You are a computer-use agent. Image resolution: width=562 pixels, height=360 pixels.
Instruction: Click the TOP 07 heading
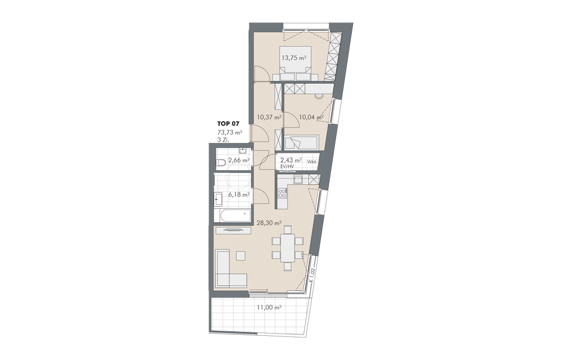[228, 124]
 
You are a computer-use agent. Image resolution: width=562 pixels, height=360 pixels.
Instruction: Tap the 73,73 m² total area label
[230, 133]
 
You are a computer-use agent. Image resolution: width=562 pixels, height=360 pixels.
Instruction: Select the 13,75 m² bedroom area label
[294, 57]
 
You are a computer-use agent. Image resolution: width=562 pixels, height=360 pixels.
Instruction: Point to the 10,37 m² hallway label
[269, 117]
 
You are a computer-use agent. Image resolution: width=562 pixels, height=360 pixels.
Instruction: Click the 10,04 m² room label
[311, 117]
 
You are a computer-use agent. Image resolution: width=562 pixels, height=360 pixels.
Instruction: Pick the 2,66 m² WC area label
[239, 160]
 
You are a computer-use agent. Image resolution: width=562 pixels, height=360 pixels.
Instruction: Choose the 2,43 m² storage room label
[291, 160]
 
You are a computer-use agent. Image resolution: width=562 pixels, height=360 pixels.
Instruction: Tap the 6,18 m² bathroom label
[239, 195]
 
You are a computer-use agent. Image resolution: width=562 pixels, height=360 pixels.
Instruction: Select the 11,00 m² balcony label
[269, 307]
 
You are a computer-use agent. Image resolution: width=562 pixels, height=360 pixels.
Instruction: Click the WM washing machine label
[311, 162]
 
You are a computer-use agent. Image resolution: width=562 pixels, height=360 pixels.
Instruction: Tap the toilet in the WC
[221, 163]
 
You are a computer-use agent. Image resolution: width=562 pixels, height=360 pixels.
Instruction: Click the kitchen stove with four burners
[283, 193]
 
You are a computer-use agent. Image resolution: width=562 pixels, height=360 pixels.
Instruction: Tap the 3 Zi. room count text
[223, 140]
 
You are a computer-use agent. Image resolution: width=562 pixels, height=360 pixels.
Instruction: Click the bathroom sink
[218, 199]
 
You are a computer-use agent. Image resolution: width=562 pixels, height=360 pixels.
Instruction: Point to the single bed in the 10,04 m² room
[301, 143]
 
